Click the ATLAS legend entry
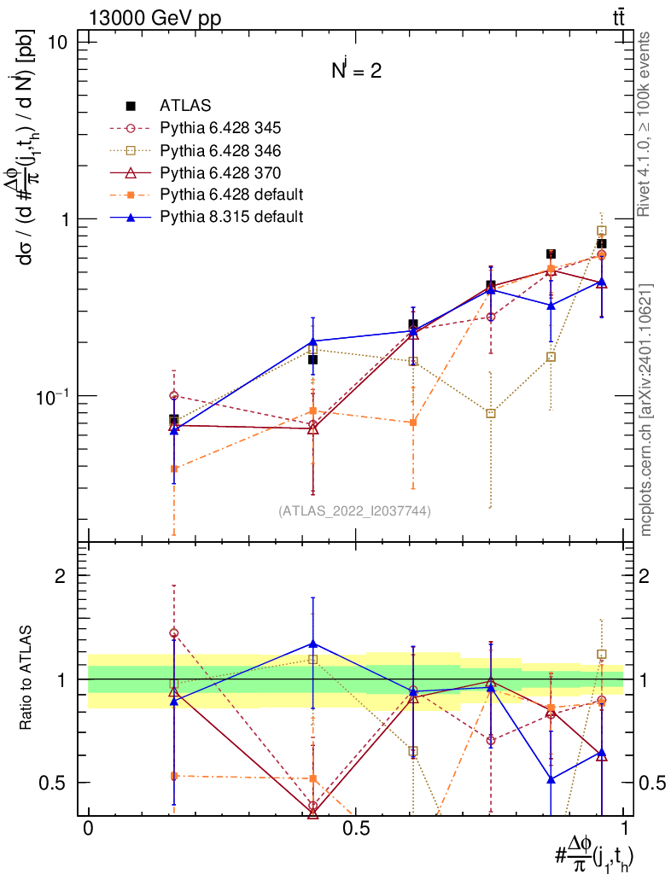[x=185, y=106]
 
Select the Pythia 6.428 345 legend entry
[x=220, y=128]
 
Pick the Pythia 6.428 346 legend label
[x=220, y=150]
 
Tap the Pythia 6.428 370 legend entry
[x=220, y=172]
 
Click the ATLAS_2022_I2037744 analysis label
[x=354, y=511]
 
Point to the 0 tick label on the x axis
[x=88, y=830]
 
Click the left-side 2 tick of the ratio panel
[x=61, y=576]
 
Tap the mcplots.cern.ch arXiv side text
[x=646, y=410]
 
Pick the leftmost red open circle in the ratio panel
[x=174, y=633]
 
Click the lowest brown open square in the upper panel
[x=491, y=413]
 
